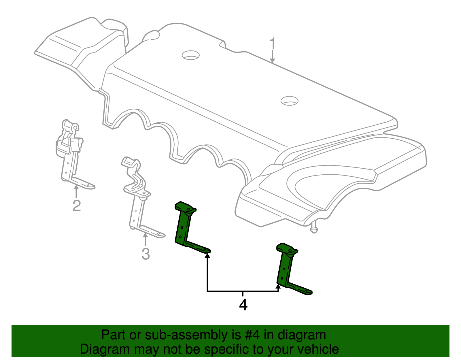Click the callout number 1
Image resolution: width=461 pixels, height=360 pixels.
pos(273,44)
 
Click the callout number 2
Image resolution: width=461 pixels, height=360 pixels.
pos(76,206)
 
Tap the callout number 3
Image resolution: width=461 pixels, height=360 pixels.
pos(146,254)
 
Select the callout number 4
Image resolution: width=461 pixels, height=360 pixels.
pos(243,305)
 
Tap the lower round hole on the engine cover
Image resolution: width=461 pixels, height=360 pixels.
pos(289,101)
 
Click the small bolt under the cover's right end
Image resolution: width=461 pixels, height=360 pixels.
pos(314,229)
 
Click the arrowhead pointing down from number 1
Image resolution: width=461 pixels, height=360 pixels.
pos(272,60)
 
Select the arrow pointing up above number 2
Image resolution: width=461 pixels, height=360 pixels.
pos(76,190)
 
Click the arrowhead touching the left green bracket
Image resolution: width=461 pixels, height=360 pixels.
pos(207,255)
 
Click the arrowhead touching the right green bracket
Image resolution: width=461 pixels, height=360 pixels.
pos(278,287)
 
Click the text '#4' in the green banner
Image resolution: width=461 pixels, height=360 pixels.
pos(252,335)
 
